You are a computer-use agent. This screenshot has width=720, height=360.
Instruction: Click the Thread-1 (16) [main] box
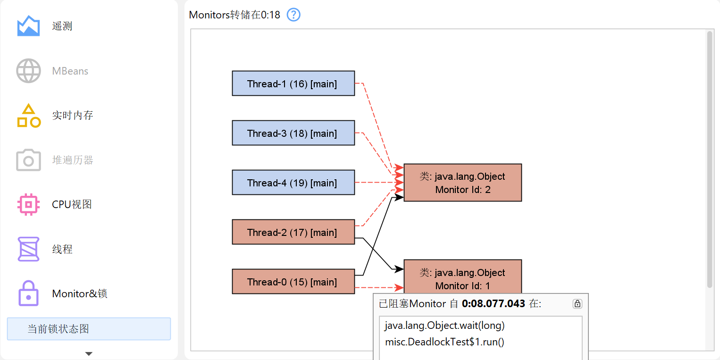[293, 84]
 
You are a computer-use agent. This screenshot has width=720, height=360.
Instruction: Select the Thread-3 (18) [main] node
[293, 133]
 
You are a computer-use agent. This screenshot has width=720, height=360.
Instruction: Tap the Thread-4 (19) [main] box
[293, 183]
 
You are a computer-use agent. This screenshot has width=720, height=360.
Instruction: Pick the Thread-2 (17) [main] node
[293, 232]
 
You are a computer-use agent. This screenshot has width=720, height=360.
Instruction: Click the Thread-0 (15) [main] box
[293, 282]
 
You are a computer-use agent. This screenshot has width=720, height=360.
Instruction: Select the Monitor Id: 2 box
[462, 183]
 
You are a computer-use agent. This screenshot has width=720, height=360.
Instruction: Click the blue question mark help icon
[293, 15]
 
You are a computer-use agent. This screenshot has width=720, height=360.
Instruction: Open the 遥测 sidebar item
[62, 26]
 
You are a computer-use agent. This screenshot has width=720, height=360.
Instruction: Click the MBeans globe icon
[28, 71]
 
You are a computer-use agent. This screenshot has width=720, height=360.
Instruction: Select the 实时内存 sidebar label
[73, 115]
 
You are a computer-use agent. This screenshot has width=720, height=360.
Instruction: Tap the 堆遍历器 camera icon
[28, 160]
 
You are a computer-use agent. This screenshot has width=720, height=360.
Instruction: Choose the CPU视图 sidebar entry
[72, 204]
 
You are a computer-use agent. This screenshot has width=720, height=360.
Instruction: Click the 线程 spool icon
[28, 249]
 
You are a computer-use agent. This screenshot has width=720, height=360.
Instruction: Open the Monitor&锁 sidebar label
[80, 293]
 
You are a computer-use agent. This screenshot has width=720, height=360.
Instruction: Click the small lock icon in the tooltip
[577, 304]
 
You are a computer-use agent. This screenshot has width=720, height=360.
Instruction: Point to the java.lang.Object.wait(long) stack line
[444, 326]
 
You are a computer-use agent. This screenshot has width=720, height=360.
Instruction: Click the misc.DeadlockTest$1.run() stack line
[444, 342]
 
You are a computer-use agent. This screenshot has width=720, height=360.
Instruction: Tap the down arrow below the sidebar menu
[89, 353]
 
